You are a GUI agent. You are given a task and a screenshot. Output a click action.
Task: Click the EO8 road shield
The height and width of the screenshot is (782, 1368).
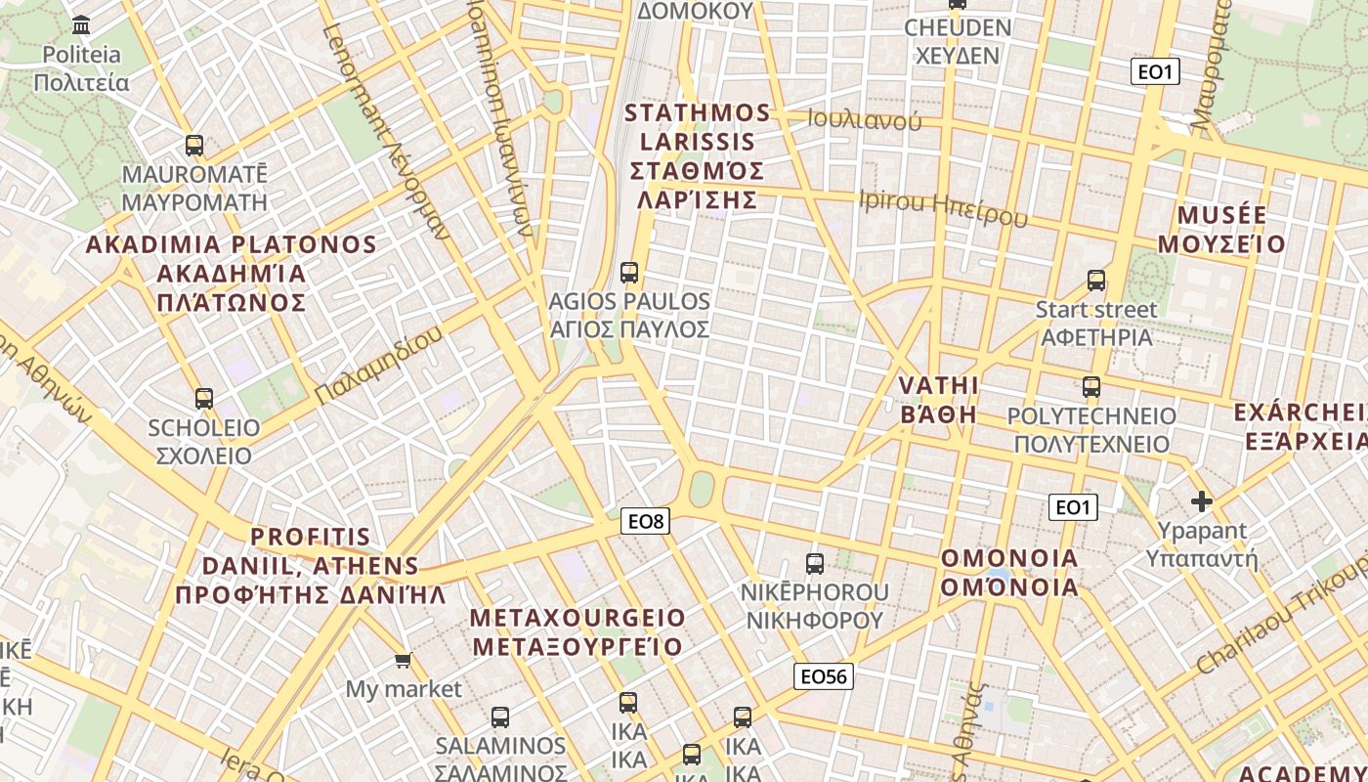646,522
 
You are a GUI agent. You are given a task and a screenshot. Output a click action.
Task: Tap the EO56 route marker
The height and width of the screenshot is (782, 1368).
823,676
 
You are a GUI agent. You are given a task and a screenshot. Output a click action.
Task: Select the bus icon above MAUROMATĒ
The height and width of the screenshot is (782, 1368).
194,146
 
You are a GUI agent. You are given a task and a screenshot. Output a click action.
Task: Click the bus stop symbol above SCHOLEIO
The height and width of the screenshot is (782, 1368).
204,399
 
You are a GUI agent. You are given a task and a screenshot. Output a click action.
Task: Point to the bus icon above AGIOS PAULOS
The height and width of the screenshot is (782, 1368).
629,273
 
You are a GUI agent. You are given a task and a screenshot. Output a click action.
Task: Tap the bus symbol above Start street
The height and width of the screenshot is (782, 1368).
1096,281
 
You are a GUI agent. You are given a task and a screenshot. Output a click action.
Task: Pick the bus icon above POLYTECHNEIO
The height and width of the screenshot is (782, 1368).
1091,387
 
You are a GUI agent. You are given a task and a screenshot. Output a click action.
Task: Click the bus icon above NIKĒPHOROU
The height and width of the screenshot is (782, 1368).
815,564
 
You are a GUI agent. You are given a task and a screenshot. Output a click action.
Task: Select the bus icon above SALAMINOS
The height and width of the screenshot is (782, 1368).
500,717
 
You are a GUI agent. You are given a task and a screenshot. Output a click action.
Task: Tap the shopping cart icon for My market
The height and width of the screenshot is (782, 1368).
403,662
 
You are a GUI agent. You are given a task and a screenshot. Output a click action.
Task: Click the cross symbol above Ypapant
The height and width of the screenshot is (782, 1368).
1202,502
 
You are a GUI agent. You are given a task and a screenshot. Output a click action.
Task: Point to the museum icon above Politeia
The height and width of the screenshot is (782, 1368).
82,24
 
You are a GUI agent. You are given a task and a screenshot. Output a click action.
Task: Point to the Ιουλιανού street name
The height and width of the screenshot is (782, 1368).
865,121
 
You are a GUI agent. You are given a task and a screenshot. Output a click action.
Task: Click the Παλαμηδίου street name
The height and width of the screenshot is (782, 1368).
378,366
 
